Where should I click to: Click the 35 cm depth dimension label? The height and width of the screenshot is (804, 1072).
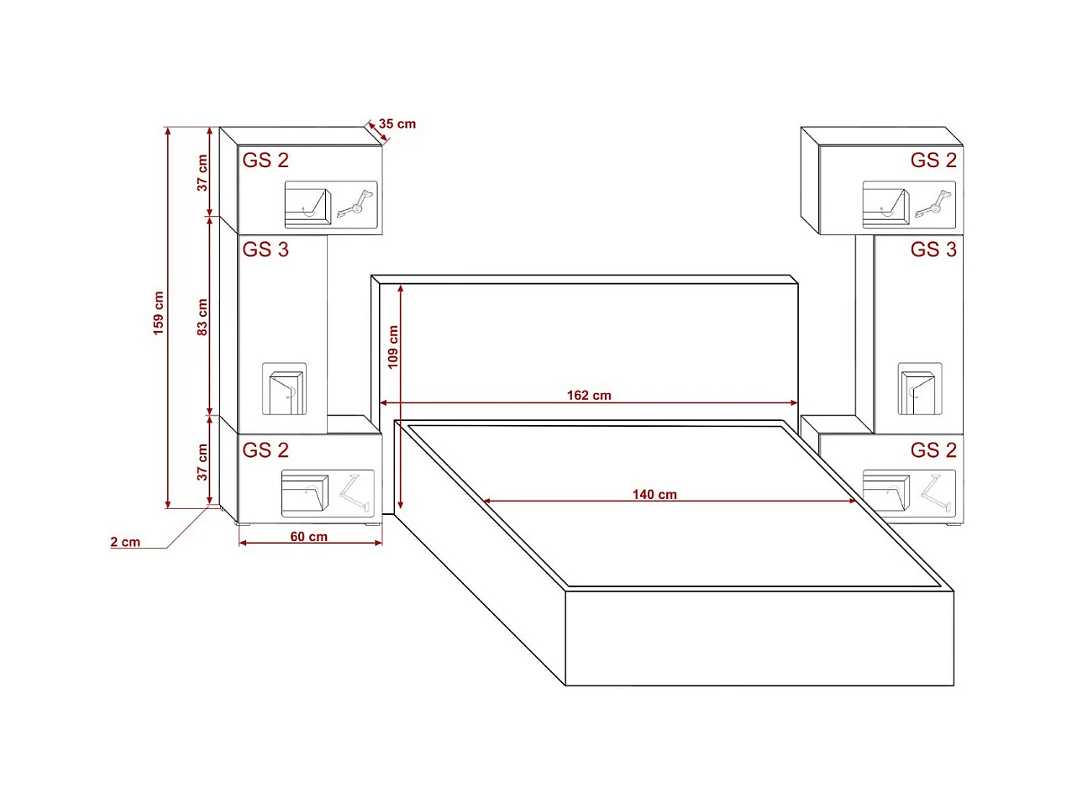397,124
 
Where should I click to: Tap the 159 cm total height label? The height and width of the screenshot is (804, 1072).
159,313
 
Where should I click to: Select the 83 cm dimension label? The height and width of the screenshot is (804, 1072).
202,317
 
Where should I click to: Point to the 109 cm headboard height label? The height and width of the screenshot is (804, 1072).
393,347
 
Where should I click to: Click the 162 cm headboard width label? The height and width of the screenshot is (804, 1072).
589,396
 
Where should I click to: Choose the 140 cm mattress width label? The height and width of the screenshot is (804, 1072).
654,495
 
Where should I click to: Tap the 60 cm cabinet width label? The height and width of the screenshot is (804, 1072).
309,537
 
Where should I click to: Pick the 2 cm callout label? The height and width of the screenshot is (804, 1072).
125,542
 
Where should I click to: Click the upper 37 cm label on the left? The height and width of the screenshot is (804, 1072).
202,172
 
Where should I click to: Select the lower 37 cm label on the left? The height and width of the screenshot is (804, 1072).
202,462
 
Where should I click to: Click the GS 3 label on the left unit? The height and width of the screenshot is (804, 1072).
265,250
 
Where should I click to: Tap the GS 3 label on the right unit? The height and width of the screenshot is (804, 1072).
933,250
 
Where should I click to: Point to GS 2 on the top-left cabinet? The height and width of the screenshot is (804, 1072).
265,160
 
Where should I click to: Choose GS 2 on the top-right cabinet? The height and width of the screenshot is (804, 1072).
933,160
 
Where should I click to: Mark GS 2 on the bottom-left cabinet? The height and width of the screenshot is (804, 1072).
265,450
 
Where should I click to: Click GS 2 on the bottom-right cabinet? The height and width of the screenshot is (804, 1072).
933,450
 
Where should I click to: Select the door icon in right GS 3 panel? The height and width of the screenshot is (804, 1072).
920,390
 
